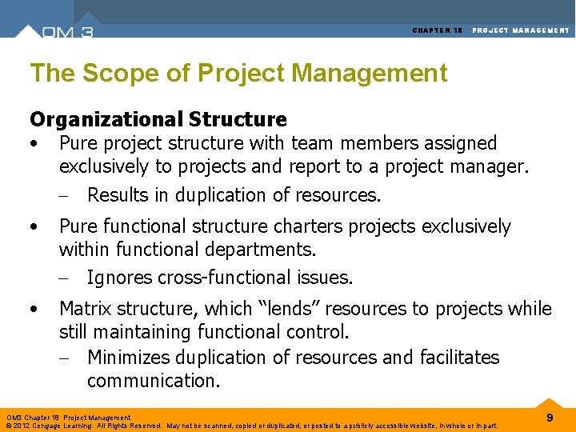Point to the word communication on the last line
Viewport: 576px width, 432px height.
coord(151,381)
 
